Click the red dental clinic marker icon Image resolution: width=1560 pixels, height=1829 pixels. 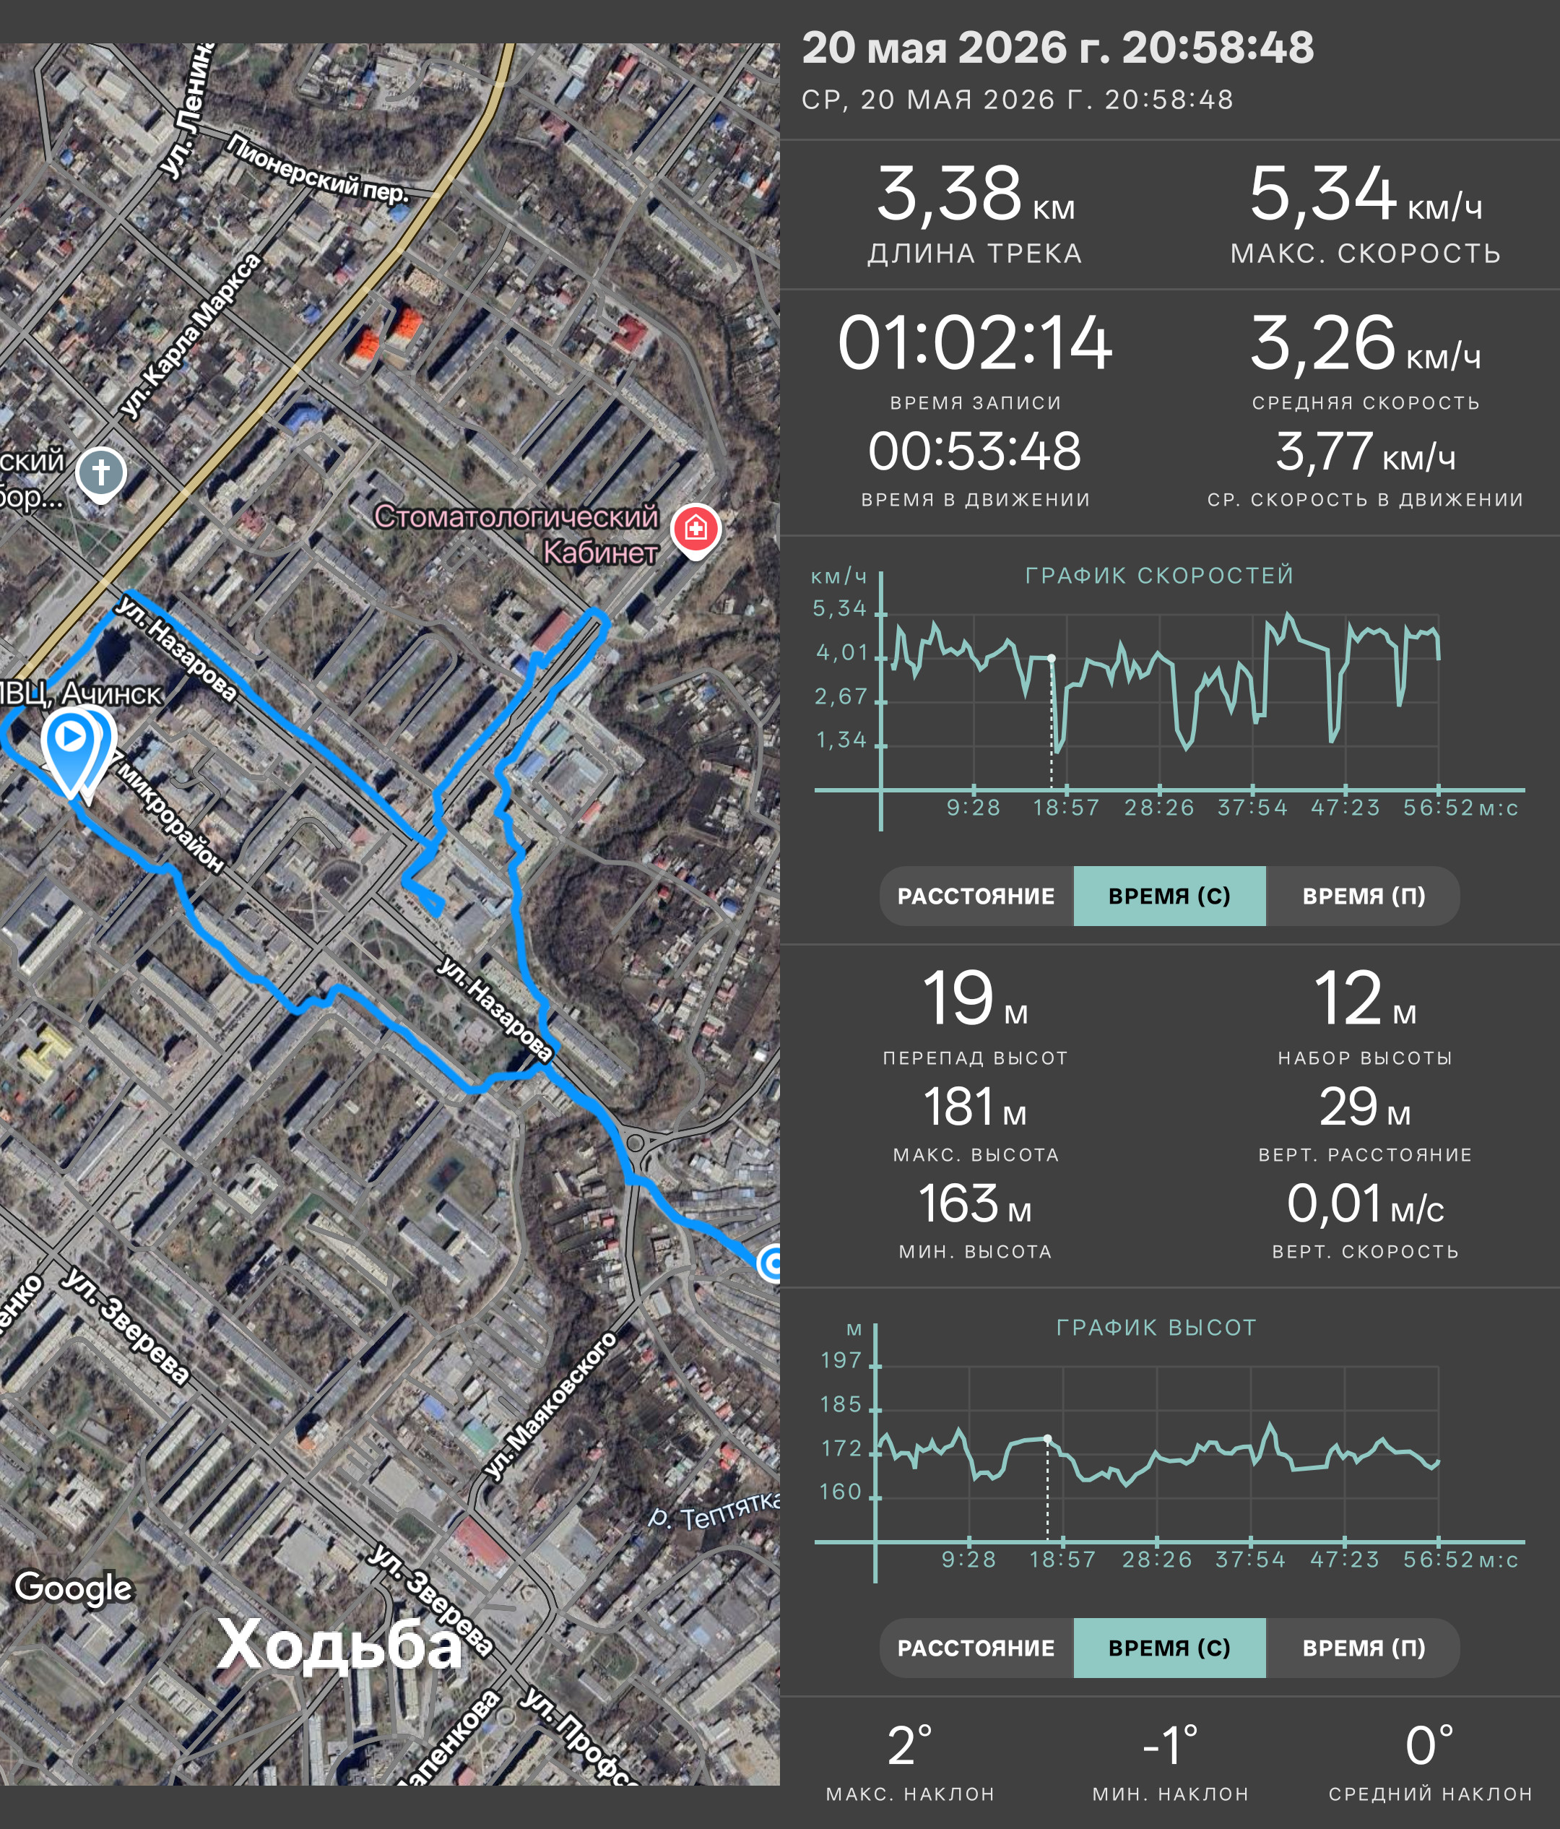[696, 530]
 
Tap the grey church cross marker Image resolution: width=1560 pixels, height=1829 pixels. [100, 474]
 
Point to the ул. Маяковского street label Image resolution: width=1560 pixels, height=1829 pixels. [550, 1404]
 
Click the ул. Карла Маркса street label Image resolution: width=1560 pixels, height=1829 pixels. [191, 335]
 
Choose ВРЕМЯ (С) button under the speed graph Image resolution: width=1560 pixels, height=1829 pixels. [1169, 896]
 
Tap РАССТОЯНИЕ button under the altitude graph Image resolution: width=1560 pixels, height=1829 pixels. [976, 1648]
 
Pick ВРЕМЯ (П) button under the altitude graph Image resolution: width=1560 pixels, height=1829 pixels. [1364, 1648]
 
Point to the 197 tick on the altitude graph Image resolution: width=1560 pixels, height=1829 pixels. [841, 1360]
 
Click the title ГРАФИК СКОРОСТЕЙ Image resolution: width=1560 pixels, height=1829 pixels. [1158, 576]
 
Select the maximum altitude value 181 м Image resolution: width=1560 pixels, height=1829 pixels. [975, 1107]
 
